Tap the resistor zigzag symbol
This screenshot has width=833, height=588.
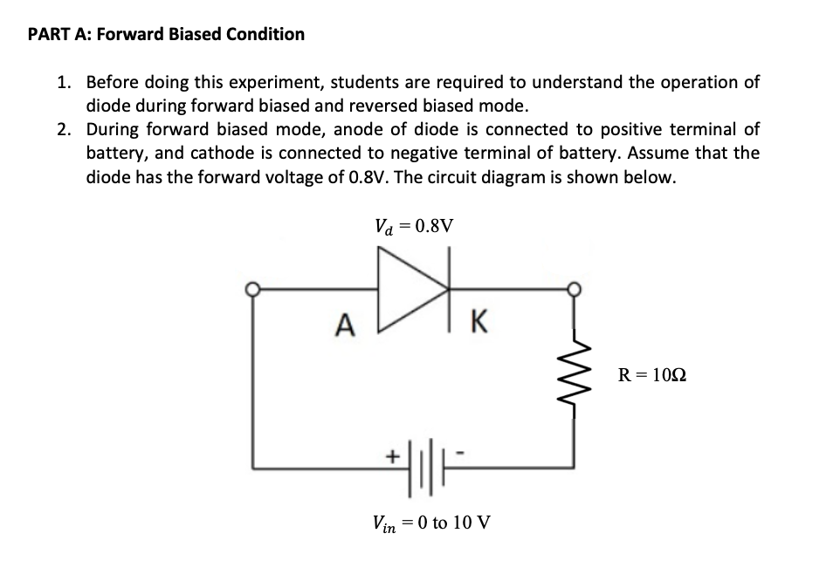574,376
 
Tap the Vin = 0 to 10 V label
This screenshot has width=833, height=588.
430,523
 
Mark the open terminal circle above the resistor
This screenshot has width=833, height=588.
574,289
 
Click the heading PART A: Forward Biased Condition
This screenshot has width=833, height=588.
167,35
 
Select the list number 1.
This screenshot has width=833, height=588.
63,83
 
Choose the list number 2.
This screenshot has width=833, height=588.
63,130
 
